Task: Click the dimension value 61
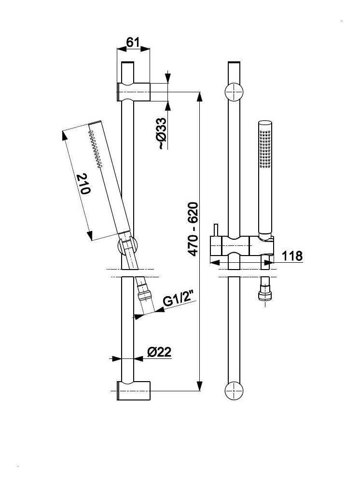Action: tap(133, 43)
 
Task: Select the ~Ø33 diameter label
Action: tap(162, 133)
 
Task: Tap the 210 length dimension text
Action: tap(83, 184)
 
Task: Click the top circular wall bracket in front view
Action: tap(234, 91)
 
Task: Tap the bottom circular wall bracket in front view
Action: tap(234, 390)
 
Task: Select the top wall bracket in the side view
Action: tap(134, 91)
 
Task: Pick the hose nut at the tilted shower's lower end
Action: tap(145, 295)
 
